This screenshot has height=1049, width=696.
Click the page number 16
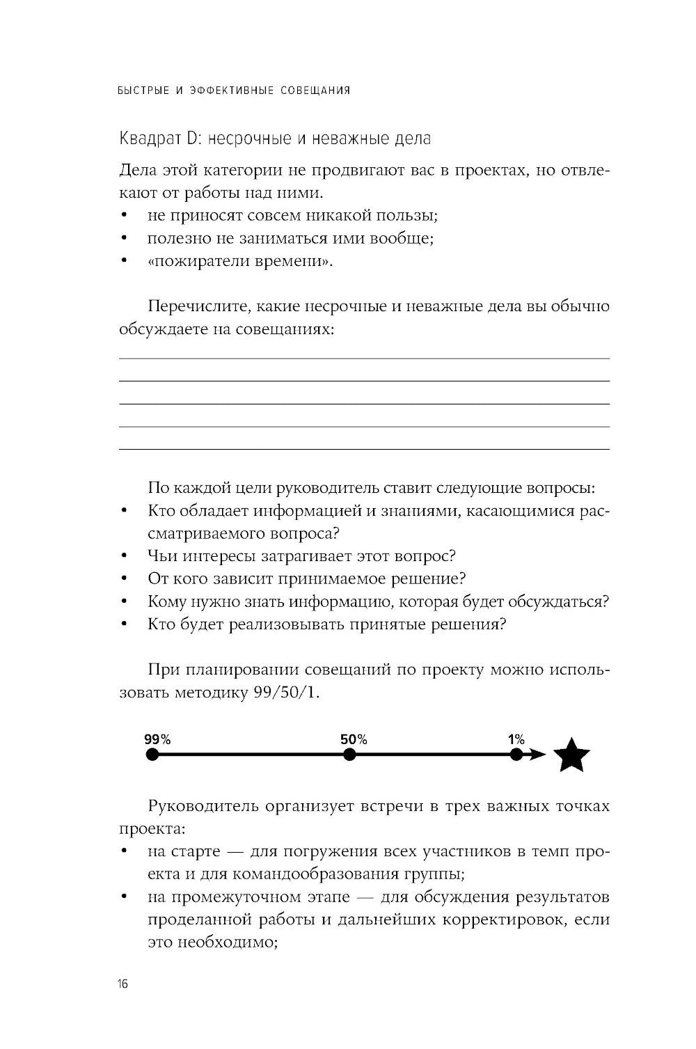(x=122, y=984)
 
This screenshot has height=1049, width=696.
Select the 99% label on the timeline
(x=157, y=739)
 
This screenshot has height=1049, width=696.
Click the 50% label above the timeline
(x=354, y=739)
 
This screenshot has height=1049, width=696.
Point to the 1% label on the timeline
(x=516, y=739)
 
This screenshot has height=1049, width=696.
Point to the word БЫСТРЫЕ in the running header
(x=143, y=90)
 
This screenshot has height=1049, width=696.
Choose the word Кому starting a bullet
(x=167, y=601)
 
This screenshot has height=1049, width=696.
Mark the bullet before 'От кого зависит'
(x=124, y=579)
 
